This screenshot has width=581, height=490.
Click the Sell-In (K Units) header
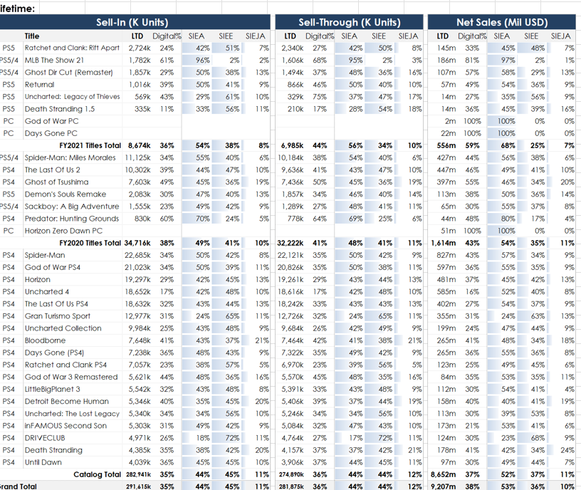coord(136,22)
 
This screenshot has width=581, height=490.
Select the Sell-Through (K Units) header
coord(349,22)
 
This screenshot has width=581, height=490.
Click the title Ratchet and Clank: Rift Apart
coord(72,48)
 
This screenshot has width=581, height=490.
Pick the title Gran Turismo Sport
coord(58,316)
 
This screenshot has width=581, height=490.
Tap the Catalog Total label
coord(98,474)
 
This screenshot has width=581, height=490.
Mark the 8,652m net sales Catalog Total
coord(444,474)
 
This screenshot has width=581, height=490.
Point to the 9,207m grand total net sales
coord(444,486)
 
